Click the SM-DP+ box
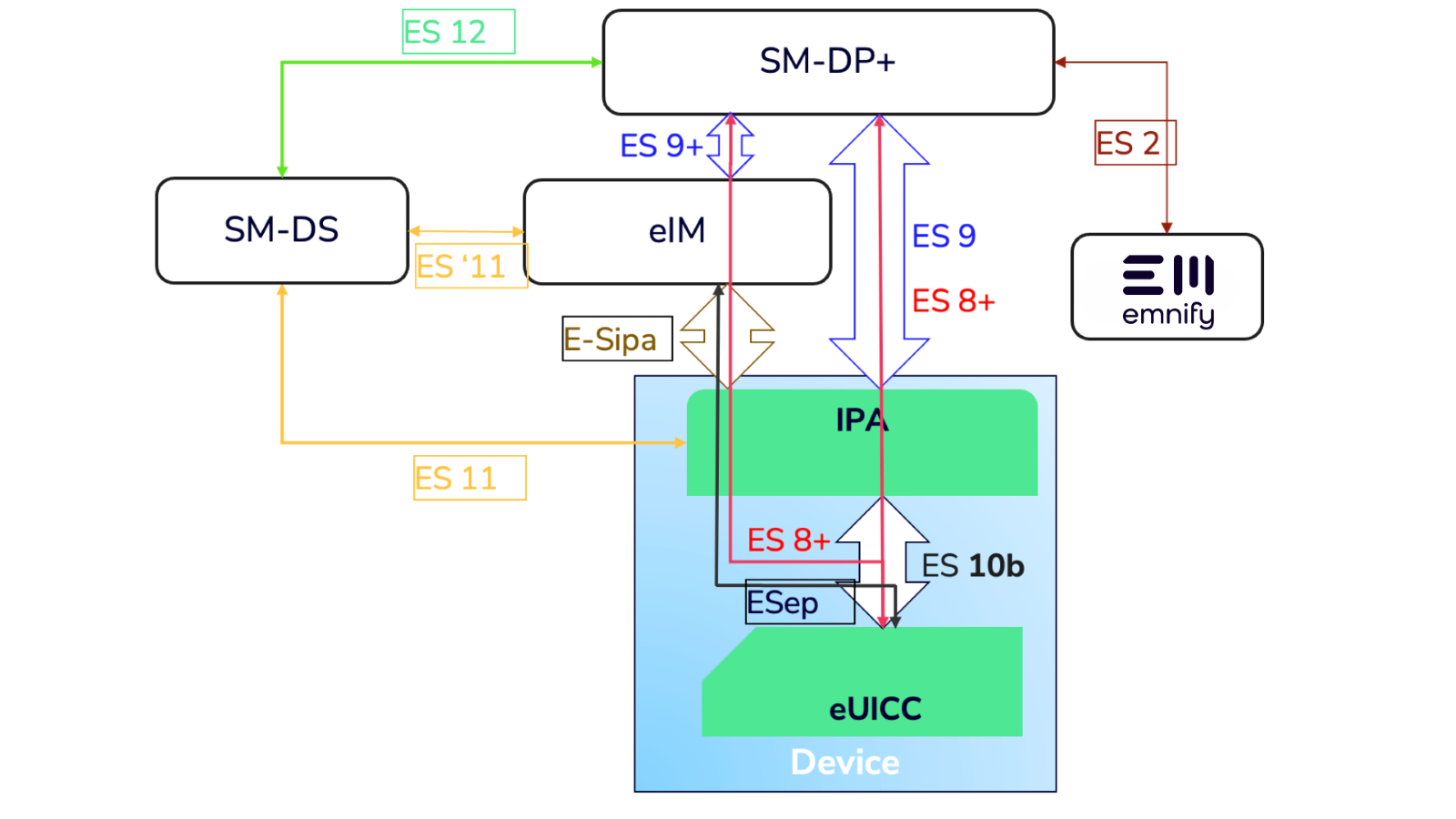point(828,62)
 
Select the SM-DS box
point(282,230)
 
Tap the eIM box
point(677,231)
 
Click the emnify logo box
point(1168,288)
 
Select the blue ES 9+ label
point(661,146)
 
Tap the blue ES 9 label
point(944,237)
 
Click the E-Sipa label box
point(616,339)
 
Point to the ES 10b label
point(972,566)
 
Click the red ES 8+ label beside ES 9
point(953,301)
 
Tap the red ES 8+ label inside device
point(788,541)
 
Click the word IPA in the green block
point(861,420)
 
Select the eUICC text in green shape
point(875,709)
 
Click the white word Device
point(844,763)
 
